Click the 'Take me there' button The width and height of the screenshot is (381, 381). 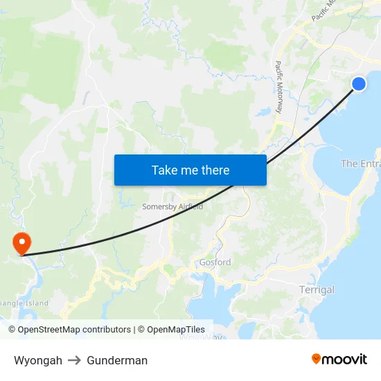(190, 170)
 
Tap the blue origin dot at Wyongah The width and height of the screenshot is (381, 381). (359, 84)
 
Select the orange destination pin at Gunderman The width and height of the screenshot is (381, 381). (22, 242)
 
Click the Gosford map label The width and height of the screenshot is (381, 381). (215, 263)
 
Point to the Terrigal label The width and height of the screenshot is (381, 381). (317, 290)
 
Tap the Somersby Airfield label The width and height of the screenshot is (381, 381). (172, 206)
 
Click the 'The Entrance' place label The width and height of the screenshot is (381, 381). (360, 163)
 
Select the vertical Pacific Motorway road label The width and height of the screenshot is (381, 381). (278, 87)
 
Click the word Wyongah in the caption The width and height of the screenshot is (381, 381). (38, 360)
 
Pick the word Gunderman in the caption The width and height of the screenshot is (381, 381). (117, 360)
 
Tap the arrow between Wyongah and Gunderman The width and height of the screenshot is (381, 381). (75, 360)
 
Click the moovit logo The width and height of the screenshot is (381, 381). (339, 359)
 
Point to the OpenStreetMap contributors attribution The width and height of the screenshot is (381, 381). (69, 330)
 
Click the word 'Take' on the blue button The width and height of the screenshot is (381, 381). (165, 170)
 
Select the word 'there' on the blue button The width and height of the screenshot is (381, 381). (215, 170)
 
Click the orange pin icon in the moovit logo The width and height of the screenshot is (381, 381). (317, 359)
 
